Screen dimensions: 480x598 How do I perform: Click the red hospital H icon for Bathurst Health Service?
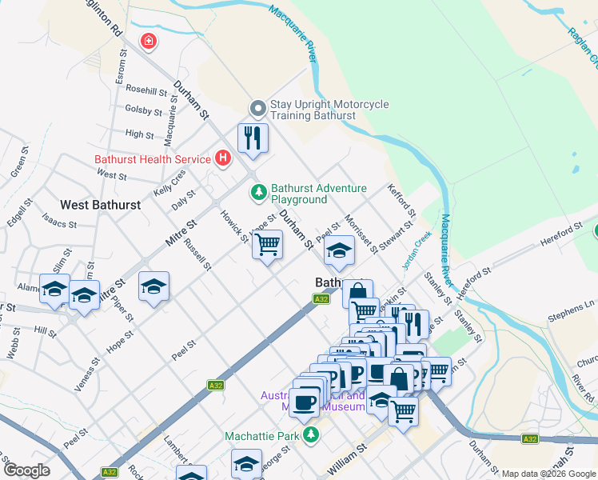[222, 158]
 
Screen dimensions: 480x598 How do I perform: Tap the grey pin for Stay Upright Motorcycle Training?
[258, 108]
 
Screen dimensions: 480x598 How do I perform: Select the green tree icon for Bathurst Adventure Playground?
[258, 192]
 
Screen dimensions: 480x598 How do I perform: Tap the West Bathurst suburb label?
[101, 205]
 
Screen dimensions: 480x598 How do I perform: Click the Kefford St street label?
[401, 201]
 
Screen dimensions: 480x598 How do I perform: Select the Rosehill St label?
[145, 90]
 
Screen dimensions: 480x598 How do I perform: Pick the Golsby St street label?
[144, 110]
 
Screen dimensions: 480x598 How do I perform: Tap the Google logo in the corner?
[27, 470]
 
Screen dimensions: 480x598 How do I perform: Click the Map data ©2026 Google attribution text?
[548, 474]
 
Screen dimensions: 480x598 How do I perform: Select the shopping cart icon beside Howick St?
[268, 244]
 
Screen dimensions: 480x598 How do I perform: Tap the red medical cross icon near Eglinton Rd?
[148, 41]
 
